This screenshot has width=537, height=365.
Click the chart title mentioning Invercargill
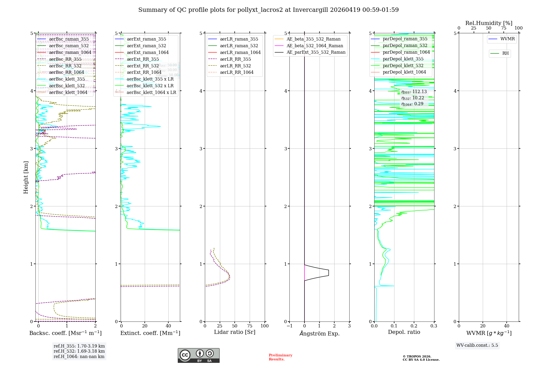click(268, 10)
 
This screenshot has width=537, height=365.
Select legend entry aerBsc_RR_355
click(65, 59)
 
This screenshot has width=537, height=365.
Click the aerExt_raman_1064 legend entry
click(148, 52)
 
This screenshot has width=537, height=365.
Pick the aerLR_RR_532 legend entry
click(235, 66)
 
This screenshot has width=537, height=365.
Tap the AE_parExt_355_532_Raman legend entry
click(316, 52)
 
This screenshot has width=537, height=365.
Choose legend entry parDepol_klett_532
click(403, 65)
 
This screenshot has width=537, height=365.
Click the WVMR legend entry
click(507, 39)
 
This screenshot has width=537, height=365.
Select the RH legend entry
click(505, 53)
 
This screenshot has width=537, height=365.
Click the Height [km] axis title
click(26, 177)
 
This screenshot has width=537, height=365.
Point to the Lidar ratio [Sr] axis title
click(235, 332)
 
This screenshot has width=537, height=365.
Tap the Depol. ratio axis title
click(404, 332)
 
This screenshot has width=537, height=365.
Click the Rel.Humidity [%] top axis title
click(489, 23)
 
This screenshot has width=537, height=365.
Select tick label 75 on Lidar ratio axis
click(250, 326)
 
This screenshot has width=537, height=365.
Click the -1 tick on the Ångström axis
click(289, 326)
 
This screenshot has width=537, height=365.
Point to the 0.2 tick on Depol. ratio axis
click(414, 326)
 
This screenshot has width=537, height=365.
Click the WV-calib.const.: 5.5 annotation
click(477, 345)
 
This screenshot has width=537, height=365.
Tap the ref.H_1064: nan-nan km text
click(79, 357)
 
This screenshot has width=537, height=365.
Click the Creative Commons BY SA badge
click(198, 355)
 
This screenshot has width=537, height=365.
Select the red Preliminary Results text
click(280, 357)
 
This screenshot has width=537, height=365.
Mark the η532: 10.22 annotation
click(413, 98)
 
